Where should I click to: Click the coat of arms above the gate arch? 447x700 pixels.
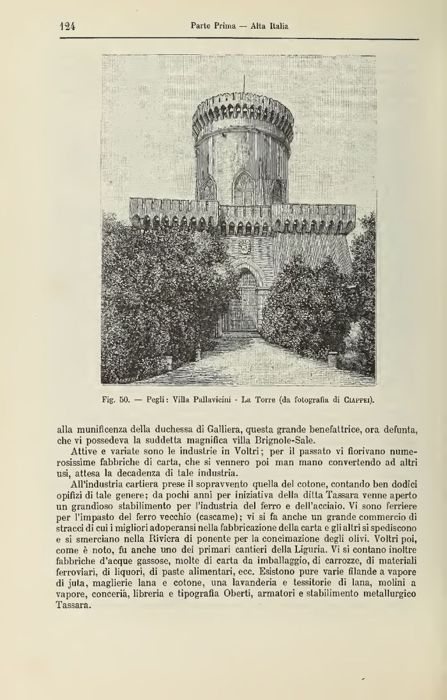click(244, 247)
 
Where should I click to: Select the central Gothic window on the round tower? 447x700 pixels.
click(243, 190)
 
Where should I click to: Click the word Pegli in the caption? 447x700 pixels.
click(156, 401)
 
